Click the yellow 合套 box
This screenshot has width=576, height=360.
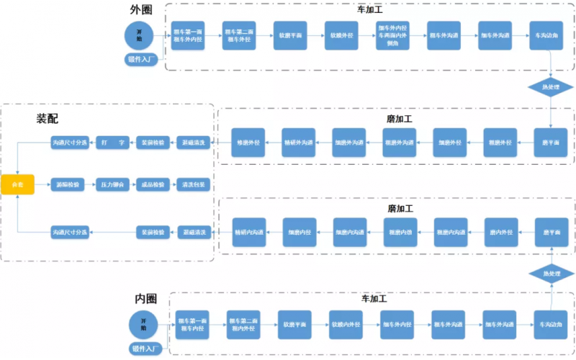[x=17, y=184]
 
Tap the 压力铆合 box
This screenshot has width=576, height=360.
[x=112, y=184]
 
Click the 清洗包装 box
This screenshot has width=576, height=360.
[x=195, y=184]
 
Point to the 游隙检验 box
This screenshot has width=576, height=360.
[x=69, y=184]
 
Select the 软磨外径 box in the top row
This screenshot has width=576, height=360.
[x=341, y=35]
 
